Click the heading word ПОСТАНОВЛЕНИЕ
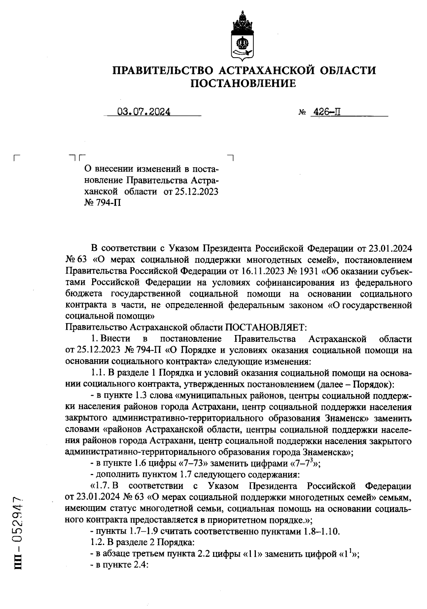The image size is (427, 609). click(x=244, y=83)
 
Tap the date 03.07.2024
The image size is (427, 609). click(x=144, y=112)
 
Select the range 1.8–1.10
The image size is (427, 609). click(x=317, y=532)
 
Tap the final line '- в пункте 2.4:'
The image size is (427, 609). click(x=119, y=566)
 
